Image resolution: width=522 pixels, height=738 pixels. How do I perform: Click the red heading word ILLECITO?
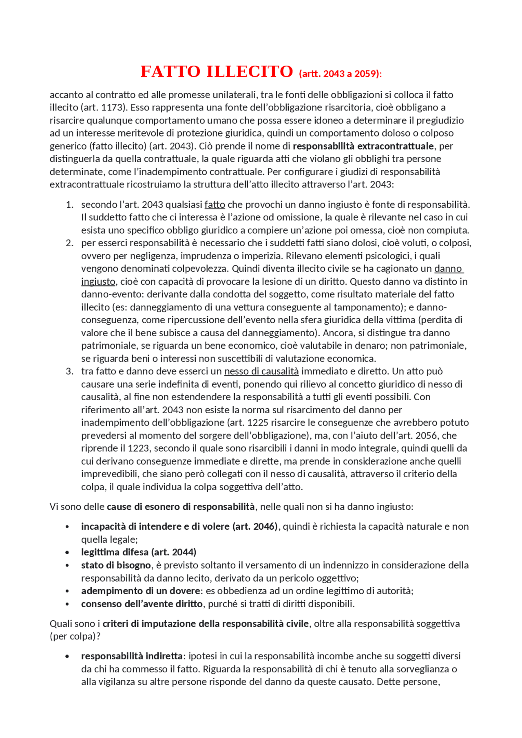pos(250,72)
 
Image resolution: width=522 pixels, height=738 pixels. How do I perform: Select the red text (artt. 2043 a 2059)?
pos(340,74)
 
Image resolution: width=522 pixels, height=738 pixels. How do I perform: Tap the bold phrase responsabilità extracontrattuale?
pos(363,146)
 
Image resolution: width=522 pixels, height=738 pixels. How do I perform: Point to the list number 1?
pos(69,205)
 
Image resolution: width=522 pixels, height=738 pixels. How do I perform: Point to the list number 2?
pos(69,243)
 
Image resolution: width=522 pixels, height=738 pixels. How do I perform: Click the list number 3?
pos(69,371)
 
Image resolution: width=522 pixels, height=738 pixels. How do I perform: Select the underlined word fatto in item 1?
pos(215,205)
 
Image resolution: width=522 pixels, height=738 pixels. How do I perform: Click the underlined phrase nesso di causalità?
pos(261,371)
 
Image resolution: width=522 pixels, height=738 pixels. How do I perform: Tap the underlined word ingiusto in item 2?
pos(98,282)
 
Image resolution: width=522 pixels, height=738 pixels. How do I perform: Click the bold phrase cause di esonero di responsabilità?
pos(181,507)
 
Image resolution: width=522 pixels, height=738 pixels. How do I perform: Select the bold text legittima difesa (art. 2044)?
pos(139,552)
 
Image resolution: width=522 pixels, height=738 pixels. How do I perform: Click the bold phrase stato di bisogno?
pos(116,565)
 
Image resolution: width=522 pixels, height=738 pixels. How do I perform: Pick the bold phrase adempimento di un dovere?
pos(140,591)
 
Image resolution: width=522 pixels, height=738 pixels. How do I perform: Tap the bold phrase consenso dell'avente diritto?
pos(142,604)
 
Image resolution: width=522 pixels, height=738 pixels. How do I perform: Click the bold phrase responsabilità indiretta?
pos(132,656)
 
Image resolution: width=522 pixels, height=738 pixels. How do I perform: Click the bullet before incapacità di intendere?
pos(67,527)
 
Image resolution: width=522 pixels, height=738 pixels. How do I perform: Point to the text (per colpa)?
pos(75,637)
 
